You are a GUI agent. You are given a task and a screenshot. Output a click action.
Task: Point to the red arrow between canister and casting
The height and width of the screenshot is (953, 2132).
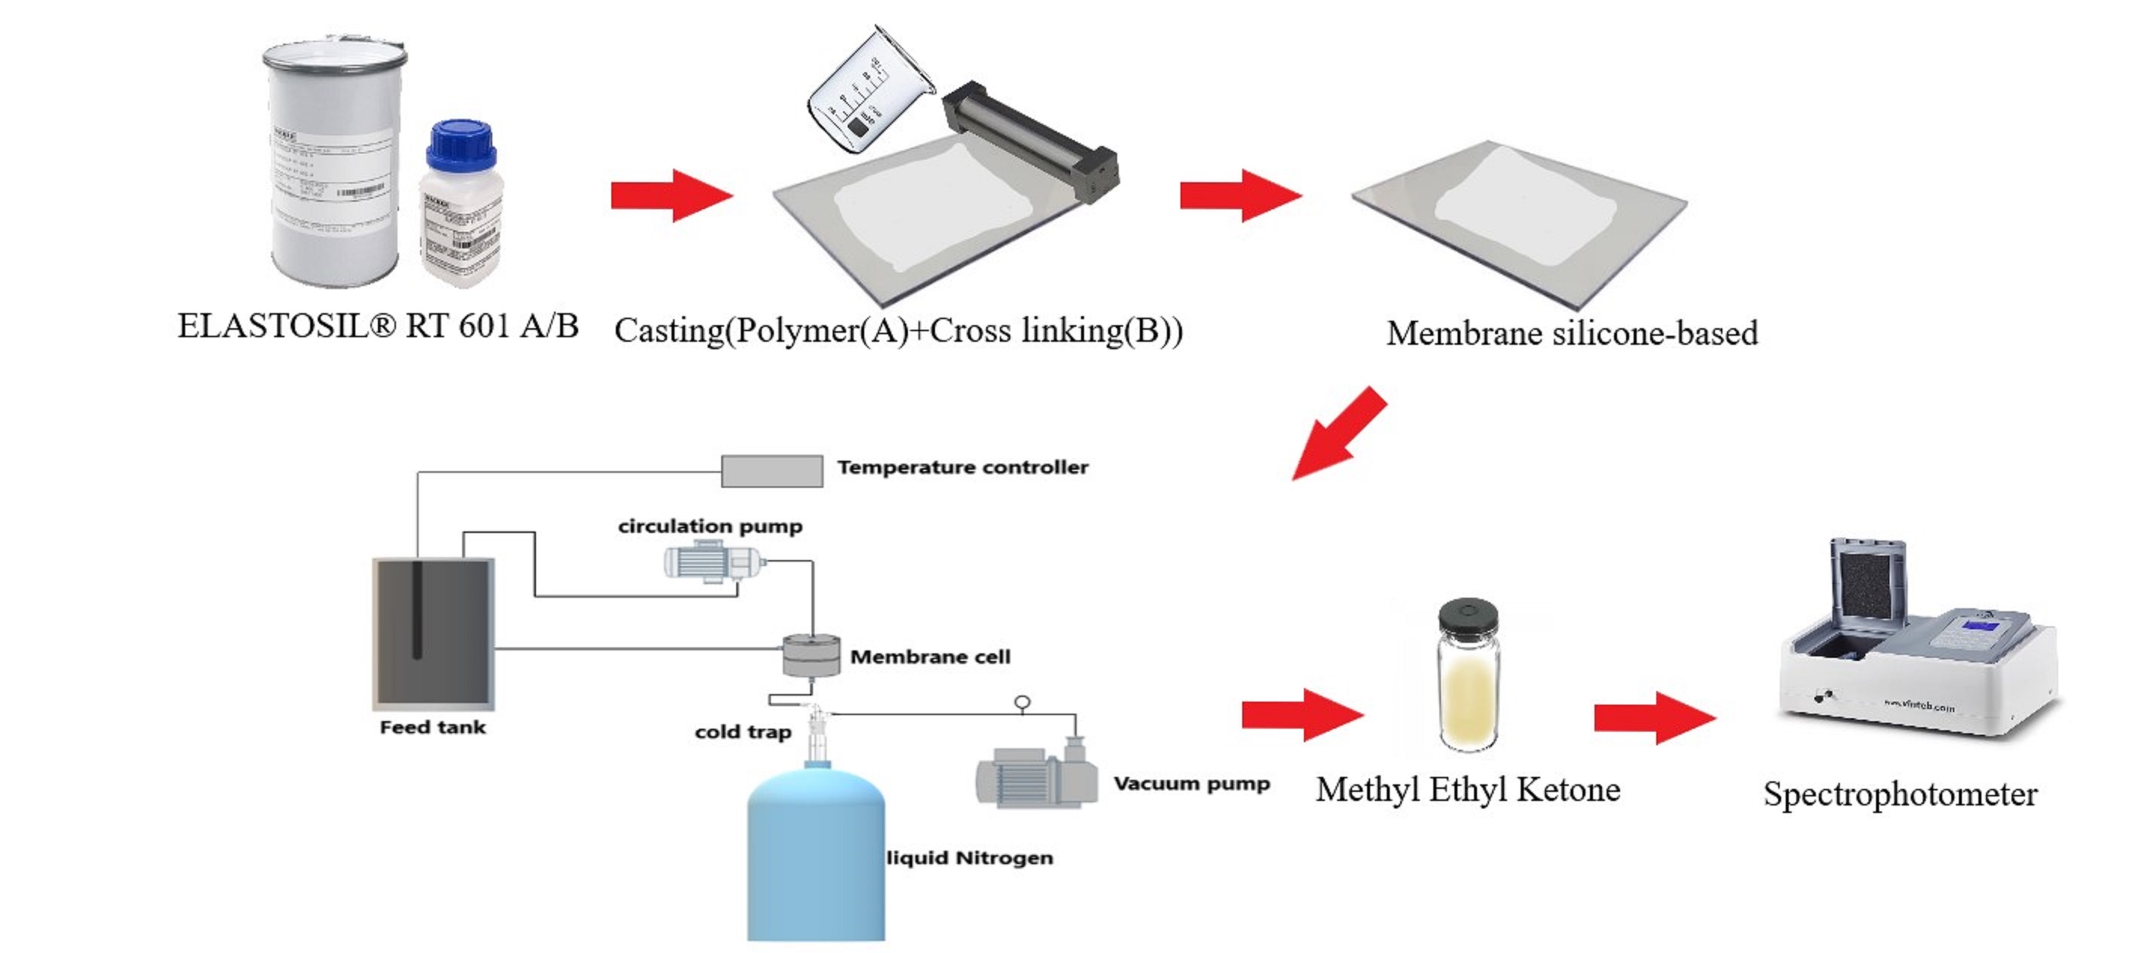[x=670, y=196]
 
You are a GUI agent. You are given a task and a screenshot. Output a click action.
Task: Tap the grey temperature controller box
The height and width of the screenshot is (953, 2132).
[x=771, y=471]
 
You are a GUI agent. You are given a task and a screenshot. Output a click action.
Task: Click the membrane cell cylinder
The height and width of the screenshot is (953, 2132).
[x=811, y=655]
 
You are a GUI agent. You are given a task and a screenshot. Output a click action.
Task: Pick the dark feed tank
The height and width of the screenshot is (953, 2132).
[x=433, y=633]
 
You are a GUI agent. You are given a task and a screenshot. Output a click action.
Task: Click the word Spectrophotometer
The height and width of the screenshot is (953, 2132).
[x=1899, y=794]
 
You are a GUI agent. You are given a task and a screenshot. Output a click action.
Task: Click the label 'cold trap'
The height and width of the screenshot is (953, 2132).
[x=742, y=732]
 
